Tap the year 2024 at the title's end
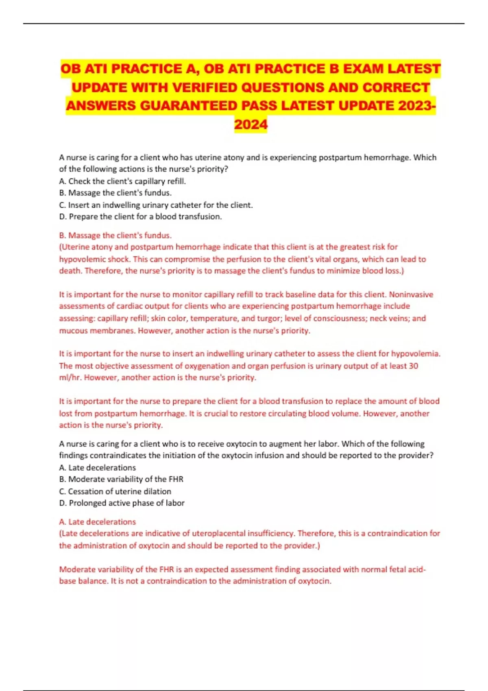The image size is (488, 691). pyautogui.click(x=251, y=124)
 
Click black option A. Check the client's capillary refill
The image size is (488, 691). pyautogui.click(x=122, y=181)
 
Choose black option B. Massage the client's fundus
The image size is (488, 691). pyautogui.click(x=115, y=193)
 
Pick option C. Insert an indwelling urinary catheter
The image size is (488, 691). pyautogui.click(x=156, y=205)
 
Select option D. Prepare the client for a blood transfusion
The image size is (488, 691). pyautogui.click(x=140, y=217)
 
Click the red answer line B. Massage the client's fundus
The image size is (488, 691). pyautogui.click(x=115, y=235)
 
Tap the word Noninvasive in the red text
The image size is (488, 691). pyautogui.click(x=411, y=295)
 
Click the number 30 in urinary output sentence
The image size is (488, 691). pyautogui.click(x=413, y=366)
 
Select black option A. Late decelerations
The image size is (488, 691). pyautogui.click(x=97, y=468)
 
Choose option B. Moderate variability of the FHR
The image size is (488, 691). pyautogui.click(x=121, y=480)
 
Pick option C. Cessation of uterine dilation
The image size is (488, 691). pyautogui.click(x=115, y=491)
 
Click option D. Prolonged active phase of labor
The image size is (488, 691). pyautogui.click(x=122, y=503)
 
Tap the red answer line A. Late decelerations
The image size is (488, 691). pyautogui.click(x=97, y=522)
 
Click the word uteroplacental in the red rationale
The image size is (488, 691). pyautogui.click(x=218, y=534)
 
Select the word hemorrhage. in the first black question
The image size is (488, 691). pyautogui.click(x=386, y=158)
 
